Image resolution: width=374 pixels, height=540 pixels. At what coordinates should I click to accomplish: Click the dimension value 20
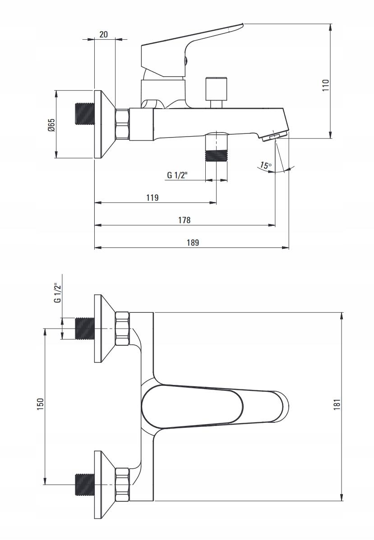pyautogui.click(x=104, y=34)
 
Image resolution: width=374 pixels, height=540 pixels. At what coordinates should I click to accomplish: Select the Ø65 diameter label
pyautogui.click(x=51, y=125)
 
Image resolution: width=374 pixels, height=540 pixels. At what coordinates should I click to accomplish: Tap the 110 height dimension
pyautogui.click(x=326, y=85)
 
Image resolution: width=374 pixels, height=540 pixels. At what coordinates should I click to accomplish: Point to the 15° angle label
pyautogui.click(x=265, y=165)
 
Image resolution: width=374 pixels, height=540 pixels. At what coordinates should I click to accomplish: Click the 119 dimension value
pyautogui.click(x=152, y=197)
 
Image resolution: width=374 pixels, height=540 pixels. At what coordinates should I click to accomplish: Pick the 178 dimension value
pyautogui.click(x=184, y=220)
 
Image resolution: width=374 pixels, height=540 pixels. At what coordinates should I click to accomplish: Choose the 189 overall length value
pyautogui.click(x=193, y=243)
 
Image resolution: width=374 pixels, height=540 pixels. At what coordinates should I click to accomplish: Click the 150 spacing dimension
pyautogui.click(x=40, y=403)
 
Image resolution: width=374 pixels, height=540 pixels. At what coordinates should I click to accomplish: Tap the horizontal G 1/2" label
pyautogui.click(x=177, y=175)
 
